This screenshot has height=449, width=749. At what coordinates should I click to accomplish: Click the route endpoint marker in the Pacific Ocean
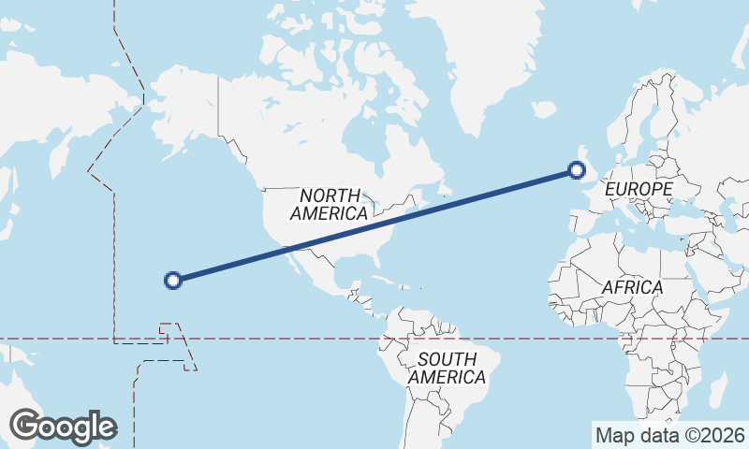(x=172, y=279)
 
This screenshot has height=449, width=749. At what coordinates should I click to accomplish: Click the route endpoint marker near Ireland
(x=577, y=169)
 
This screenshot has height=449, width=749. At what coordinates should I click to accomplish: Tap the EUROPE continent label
(x=639, y=189)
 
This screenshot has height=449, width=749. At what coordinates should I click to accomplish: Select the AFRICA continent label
(x=632, y=287)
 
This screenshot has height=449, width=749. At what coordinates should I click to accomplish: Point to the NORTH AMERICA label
(x=330, y=204)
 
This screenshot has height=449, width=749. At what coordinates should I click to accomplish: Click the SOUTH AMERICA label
(x=447, y=368)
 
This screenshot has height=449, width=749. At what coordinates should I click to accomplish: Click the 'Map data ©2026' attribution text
(x=670, y=435)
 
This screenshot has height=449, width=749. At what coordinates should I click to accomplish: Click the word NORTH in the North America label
(x=330, y=196)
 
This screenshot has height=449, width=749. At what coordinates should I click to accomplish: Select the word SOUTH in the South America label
(x=448, y=359)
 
